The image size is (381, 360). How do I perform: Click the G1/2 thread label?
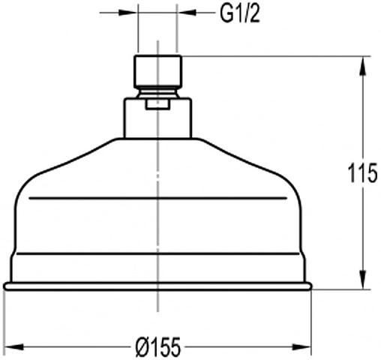pyautogui.click(x=240, y=13)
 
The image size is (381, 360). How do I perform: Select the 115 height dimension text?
pyautogui.click(x=362, y=173)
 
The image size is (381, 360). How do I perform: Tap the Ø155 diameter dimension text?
pyautogui.click(x=158, y=347)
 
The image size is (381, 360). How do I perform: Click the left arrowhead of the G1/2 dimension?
pyautogui.click(x=127, y=13)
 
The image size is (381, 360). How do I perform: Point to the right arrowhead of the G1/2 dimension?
pyautogui.click(x=187, y=13)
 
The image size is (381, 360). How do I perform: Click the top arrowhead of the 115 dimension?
pyautogui.click(x=362, y=66)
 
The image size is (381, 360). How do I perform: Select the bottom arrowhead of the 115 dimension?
pyautogui.click(x=362, y=280)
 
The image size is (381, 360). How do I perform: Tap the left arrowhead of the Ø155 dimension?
pyautogui.click(x=14, y=347)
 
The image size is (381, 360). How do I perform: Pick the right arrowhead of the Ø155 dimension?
pyautogui.click(x=301, y=347)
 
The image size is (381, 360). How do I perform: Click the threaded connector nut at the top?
pyautogui.click(x=157, y=71)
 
